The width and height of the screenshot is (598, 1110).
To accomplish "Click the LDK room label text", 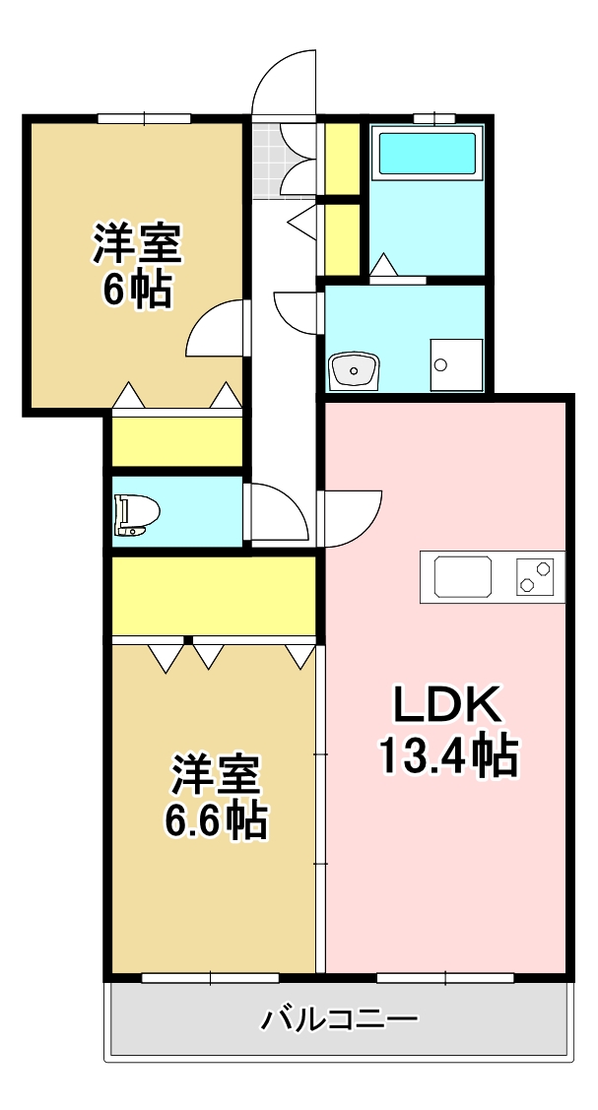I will coord(448,705).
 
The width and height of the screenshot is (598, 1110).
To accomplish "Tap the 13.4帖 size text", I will coord(448,755).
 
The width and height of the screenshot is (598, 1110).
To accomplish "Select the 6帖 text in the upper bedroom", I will coord(137,291).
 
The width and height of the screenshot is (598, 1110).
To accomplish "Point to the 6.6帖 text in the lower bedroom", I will coord(216,819).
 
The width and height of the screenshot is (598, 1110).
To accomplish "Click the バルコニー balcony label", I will coord(339,1018).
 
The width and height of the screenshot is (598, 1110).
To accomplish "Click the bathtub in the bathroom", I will coord(428,154).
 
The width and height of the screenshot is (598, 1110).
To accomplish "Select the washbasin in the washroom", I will coord(354,370).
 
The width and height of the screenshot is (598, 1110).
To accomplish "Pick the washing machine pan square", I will coord(456,365).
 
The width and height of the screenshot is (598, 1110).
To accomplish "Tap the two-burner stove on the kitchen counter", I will coord(536,575).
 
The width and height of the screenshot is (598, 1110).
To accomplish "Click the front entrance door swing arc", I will coord(280,84).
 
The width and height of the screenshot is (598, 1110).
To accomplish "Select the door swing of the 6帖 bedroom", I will coord(215,329).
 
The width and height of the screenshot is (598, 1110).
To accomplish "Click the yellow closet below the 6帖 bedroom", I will coord(177,441).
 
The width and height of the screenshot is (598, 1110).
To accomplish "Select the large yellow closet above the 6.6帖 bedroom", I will coord(213,597).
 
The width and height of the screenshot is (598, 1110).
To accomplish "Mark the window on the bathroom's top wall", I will coord(427,118).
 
